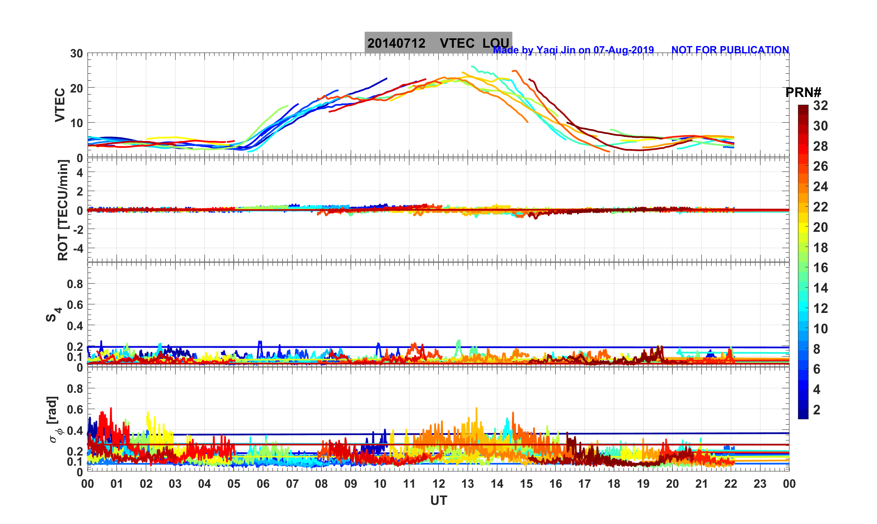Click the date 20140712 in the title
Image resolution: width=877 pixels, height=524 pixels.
tap(396, 43)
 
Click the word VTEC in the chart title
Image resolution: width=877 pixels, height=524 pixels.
tap(457, 43)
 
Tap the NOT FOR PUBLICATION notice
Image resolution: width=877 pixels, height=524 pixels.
tap(730, 50)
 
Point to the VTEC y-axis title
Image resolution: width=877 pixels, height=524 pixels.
tap(60, 105)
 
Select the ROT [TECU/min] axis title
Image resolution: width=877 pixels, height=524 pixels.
tap(63, 210)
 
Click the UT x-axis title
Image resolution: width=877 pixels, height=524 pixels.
tap(439, 500)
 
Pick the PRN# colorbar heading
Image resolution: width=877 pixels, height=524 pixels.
tap(803, 92)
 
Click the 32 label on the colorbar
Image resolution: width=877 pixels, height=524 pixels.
tap(820, 106)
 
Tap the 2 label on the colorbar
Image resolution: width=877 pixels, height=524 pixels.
tap(817, 410)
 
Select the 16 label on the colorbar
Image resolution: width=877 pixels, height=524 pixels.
tap(820, 268)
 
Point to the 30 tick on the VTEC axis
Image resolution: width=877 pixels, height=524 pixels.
tap(76, 54)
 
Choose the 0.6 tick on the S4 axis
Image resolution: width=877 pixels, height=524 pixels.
tap(75, 305)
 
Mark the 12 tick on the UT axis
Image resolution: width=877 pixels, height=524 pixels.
tap(439, 484)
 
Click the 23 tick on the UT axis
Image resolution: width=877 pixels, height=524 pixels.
tap(760, 484)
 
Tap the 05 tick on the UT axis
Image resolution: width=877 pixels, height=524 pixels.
tap(234, 484)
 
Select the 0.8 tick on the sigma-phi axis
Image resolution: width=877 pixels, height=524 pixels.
tap(75, 389)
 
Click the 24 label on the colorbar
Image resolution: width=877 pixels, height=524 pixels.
tap(820, 187)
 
